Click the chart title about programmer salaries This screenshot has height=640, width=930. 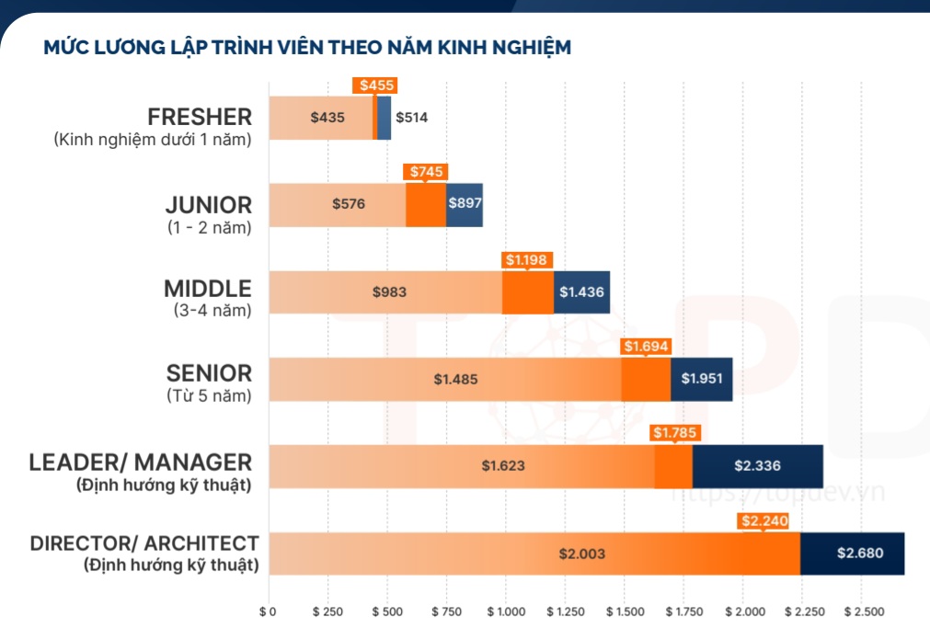307,47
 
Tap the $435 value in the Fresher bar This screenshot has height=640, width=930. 327,118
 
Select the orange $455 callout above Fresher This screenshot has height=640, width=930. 377,86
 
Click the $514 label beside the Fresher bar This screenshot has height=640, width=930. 411,118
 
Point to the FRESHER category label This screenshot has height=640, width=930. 200,117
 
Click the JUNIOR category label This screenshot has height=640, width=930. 208,204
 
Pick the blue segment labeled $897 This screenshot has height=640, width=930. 465,204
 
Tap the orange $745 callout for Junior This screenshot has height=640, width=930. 427,172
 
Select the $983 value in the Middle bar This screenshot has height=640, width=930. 389,292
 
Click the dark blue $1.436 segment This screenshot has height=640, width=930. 581,292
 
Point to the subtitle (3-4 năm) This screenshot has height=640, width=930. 212,311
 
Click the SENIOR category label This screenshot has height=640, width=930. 209,373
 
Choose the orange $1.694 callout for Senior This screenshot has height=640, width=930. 647,347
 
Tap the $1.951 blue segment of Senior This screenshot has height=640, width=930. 701,379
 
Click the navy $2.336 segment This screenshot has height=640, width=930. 757,466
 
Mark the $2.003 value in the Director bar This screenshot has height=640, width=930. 581,554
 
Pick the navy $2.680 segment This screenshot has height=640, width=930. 860,554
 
